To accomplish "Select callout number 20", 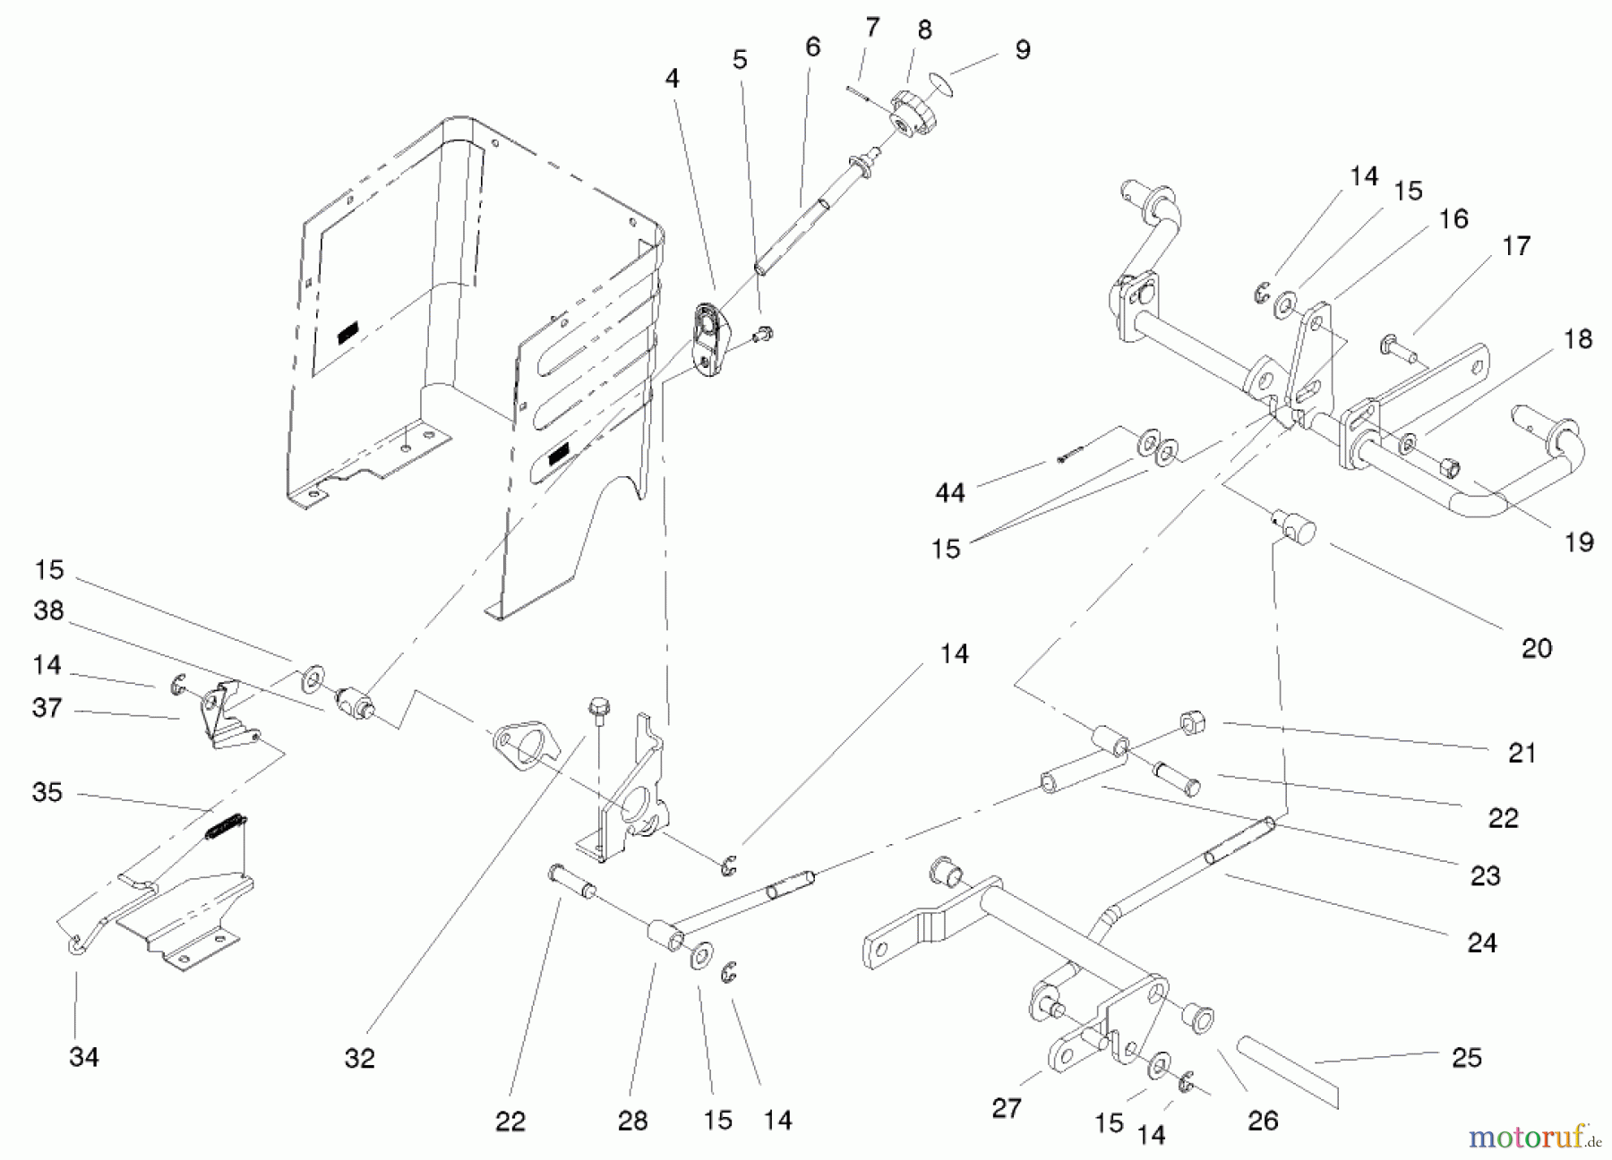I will (x=1536, y=647).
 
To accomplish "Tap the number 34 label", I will (x=83, y=1057).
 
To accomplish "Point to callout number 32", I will (x=359, y=1058).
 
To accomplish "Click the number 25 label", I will (x=1467, y=1057).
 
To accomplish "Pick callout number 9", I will (x=1022, y=49).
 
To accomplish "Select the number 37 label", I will (x=47, y=708).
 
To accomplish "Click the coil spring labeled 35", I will (x=226, y=825).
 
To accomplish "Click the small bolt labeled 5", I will (x=763, y=336).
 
